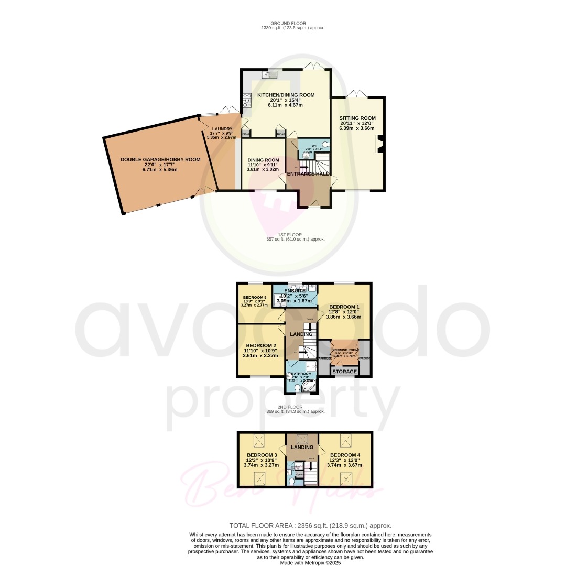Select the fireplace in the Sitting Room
380,144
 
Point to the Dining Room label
263,160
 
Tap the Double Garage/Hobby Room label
160,159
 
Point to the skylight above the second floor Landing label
302,439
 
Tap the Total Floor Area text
310,525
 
